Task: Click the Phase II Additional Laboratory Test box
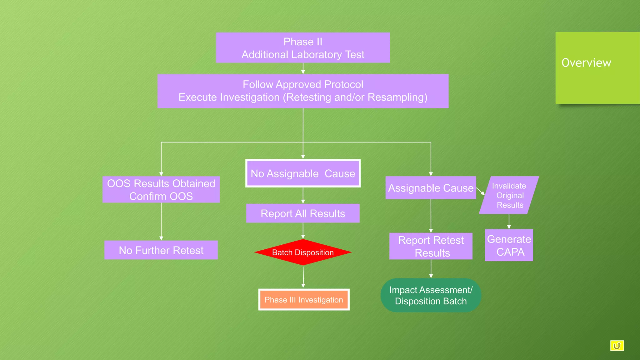[x=303, y=48]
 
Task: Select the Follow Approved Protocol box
[x=303, y=91]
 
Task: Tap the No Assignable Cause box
[x=303, y=173]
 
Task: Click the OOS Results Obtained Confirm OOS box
[x=161, y=190]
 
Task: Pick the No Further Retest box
[x=161, y=250]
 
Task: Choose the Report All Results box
[x=303, y=213]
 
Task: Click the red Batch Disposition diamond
[x=303, y=252]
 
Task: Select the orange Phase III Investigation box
[x=304, y=300]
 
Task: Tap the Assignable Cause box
[x=431, y=188]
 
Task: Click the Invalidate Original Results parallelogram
[x=509, y=195]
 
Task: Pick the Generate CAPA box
[x=509, y=245]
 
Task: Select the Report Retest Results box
[x=431, y=246]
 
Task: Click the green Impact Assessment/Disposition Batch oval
[x=431, y=295]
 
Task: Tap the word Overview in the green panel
[x=586, y=63]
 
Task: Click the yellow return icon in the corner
[x=617, y=346]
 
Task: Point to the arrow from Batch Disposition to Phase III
[x=303, y=277]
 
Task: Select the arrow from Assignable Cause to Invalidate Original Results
[x=480, y=191]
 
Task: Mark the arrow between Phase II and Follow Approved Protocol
[x=303, y=68]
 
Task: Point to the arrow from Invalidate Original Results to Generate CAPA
[x=509, y=221]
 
